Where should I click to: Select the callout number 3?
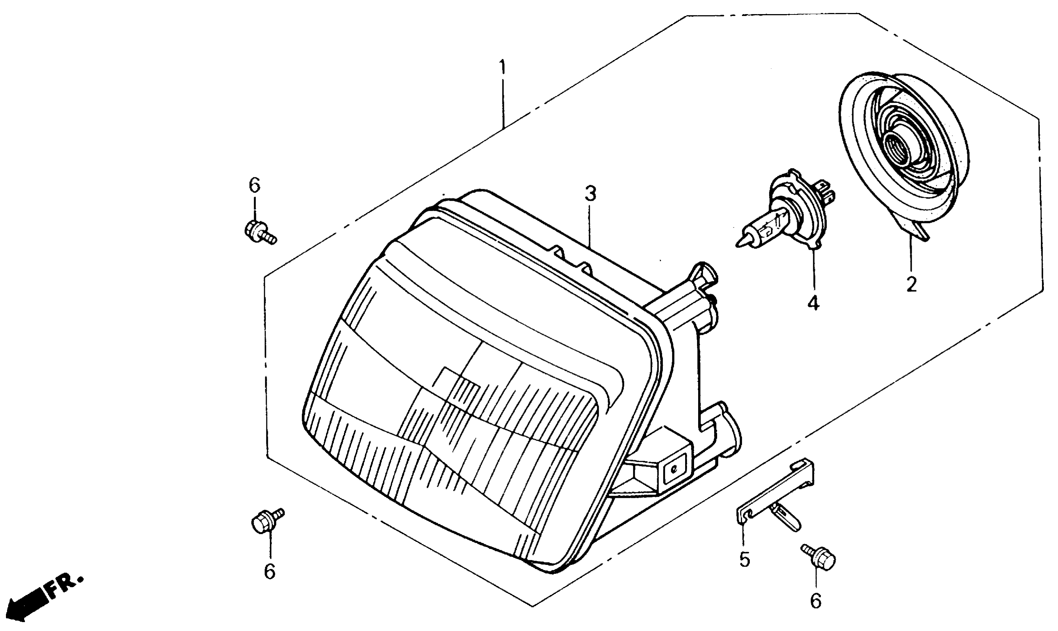(x=590, y=194)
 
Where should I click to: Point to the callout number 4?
(x=813, y=303)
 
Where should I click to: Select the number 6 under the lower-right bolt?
(x=815, y=601)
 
